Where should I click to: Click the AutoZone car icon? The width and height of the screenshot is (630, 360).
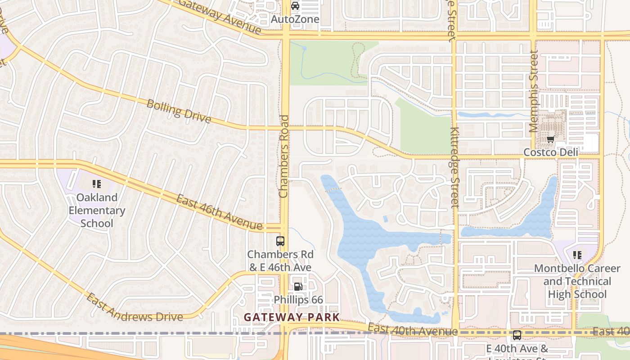[x=295, y=6]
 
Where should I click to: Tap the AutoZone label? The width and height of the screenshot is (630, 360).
[x=295, y=19]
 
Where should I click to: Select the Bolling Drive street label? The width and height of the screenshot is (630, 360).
[x=179, y=111]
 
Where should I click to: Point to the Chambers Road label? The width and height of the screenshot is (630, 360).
[x=283, y=156]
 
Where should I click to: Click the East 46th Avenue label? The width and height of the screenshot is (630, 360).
[x=219, y=212]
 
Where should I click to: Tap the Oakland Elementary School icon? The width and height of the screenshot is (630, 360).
[x=97, y=184]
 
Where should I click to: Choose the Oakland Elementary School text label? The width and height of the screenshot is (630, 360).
[x=97, y=210]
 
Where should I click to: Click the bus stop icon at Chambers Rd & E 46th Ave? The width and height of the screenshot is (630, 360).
[x=280, y=241]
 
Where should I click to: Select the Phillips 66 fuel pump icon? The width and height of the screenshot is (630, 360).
[x=297, y=286]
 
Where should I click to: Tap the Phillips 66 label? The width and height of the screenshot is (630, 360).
[x=298, y=300]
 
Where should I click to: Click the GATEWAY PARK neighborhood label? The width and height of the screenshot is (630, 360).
[x=292, y=317]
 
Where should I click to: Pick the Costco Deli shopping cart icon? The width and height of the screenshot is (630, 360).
[x=550, y=139]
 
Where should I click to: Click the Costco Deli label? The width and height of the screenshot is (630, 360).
[x=550, y=153]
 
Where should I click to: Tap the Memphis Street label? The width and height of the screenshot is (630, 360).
[x=534, y=91]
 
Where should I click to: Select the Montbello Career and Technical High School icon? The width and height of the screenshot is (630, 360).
[x=577, y=255]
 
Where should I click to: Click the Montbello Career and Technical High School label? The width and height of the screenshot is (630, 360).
[x=577, y=281]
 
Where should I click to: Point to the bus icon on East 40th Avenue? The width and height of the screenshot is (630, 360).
[x=517, y=335]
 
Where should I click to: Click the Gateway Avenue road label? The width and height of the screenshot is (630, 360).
[x=220, y=16]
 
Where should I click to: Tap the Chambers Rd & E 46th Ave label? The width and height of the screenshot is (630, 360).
[x=280, y=261]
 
